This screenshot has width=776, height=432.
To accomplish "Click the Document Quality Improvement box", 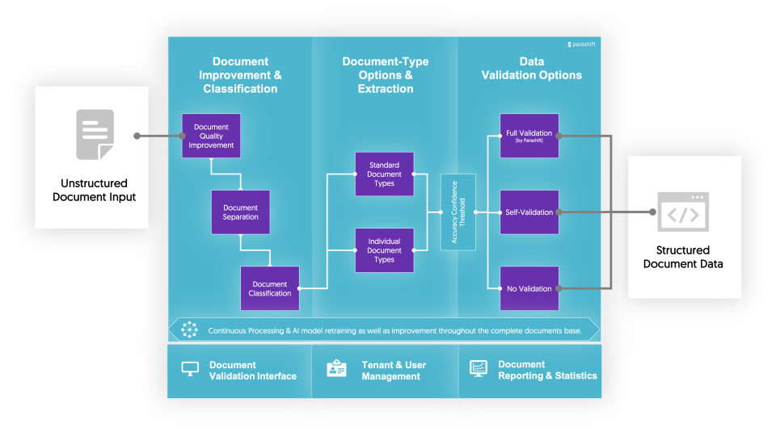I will click(x=211, y=136).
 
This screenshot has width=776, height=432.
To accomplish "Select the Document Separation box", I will click(x=240, y=212).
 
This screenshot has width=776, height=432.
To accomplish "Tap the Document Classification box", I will click(x=270, y=288).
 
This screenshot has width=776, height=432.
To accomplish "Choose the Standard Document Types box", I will click(x=384, y=174).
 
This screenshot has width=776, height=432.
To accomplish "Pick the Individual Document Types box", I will click(x=384, y=250).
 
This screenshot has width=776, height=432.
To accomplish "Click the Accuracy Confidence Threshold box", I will click(x=458, y=212).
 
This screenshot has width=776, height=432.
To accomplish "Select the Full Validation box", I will click(x=529, y=135).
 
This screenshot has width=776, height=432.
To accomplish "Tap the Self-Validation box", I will click(x=529, y=212).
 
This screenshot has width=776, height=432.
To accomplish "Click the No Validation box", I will click(x=529, y=288).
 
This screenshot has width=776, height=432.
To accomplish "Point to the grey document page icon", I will click(x=95, y=134).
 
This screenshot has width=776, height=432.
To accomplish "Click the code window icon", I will click(x=684, y=212).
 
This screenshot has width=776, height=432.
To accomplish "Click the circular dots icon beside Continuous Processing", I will click(x=189, y=329).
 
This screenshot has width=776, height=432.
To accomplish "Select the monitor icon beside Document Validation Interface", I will click(x=190, y=369).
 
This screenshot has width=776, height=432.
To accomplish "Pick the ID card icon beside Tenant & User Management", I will click(x=336, y=369).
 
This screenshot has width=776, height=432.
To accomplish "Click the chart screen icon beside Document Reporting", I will click(x=479, y=369).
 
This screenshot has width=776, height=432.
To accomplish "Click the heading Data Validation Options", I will click(x=531, y=69).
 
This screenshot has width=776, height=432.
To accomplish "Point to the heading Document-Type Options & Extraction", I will click(x=386, y=75).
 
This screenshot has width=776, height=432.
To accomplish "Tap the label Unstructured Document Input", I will click(x=94, y=190).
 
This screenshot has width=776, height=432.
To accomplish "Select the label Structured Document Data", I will click(x=683, y=257).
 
